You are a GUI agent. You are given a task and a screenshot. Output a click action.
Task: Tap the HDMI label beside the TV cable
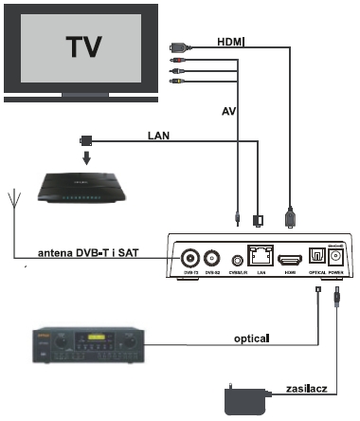230,41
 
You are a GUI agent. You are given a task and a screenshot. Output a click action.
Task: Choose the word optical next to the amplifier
252,337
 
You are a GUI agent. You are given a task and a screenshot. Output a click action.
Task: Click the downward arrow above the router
85,157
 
